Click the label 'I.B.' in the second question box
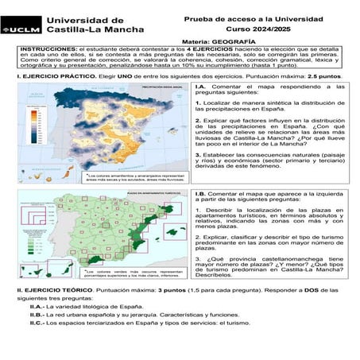pos(200,194)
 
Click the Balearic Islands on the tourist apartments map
pos(168,232)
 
